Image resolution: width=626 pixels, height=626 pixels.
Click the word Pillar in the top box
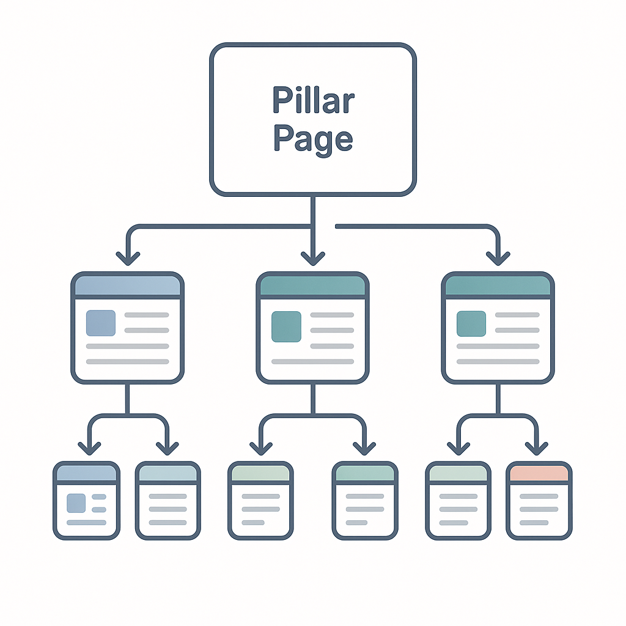click(313, 101)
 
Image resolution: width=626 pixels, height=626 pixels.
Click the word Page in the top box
click(313, 139)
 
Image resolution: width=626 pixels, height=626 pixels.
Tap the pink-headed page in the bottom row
click(539, 501)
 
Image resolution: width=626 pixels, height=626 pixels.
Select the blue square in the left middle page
click(101, 323)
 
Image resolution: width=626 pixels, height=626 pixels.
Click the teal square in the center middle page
click(286, 326)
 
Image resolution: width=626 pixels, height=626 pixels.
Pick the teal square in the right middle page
click(471, 323)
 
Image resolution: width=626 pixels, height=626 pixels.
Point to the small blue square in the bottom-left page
click(76, 503)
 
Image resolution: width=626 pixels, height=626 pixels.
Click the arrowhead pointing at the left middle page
click(128, 257)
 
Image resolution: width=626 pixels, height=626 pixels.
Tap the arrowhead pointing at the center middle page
click(313, 257)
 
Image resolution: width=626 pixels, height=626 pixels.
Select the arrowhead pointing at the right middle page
click(498, 257)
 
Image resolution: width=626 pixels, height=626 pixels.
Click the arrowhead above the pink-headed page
click(537, 447)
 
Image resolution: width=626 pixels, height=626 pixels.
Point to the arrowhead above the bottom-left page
click(89, 447)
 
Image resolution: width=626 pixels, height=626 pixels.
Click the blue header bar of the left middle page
click(127, 285)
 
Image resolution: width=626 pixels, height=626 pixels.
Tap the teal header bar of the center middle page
click(312, 285)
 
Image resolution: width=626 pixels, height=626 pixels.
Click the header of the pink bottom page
click(539, 473)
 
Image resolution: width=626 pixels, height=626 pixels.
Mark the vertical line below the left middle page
click(127, 399)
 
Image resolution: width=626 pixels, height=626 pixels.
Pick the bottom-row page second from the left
click(168, 501)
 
